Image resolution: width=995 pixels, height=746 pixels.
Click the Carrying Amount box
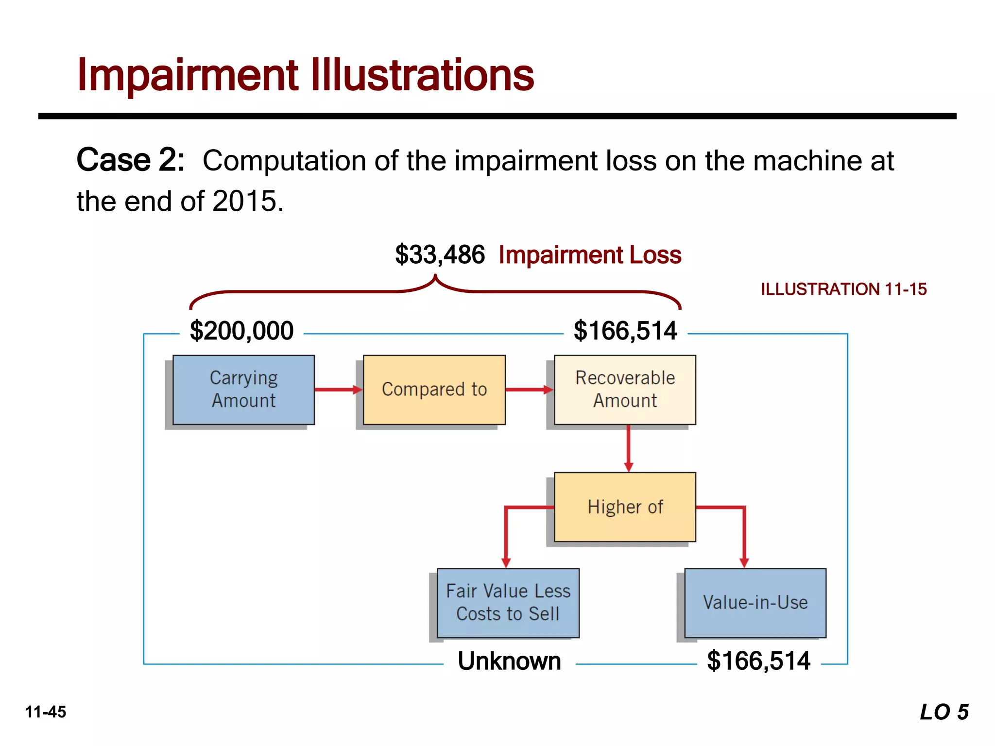[x=243, y=390]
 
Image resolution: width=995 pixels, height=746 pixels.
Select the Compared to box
[x=434, y=390]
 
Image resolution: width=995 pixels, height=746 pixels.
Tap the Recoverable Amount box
[x=625, y=390]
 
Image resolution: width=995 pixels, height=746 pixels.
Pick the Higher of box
[x=625, y=507]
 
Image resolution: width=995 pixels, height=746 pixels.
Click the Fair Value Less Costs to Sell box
[x=508, y=603]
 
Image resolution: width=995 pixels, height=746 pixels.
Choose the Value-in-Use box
[x=755, y=603]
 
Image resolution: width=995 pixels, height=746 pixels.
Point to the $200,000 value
[x=241, y=331]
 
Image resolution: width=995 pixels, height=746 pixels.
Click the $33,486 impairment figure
[x=440, y=254]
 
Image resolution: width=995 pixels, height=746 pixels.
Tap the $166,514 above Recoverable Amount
[x=625, y=331]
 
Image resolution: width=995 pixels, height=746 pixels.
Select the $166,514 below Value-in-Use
[x=758, y=661]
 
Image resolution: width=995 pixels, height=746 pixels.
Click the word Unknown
[x=509, y=661]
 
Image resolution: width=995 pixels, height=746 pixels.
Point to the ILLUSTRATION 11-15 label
[x=843, y=289]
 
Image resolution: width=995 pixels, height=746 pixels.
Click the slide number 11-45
[x=46, y=712]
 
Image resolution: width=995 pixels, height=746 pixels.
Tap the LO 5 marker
[x=944, y=712]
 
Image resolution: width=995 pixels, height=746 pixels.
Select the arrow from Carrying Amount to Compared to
[x=338, y=390]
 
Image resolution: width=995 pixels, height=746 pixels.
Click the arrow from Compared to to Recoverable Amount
[x=529, y=390]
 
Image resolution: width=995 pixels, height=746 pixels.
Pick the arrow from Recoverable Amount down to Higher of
[x=628, y=448]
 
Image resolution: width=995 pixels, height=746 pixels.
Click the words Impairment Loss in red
[x=590, y=254]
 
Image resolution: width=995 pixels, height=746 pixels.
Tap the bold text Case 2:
[x=131, y=160]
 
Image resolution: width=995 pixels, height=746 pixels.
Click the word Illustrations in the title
[x=422, y=75]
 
